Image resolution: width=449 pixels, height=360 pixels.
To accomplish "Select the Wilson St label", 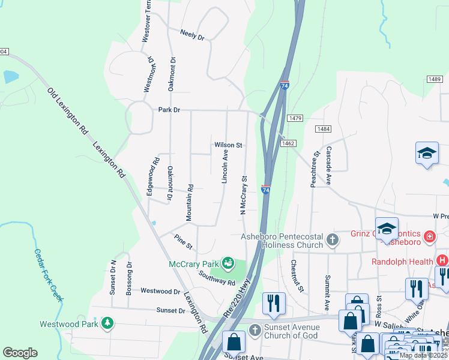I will (228, 145).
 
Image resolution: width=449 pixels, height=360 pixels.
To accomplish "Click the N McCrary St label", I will (244, 195).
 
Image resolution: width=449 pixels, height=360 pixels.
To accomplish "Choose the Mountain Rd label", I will (190, 202).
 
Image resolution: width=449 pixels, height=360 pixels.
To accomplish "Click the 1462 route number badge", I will (288, 143).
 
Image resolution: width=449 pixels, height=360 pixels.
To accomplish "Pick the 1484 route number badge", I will (323, 129).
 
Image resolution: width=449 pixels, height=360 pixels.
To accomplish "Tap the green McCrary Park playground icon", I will (228, 263).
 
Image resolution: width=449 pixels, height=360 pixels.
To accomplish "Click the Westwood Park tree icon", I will (107, 324).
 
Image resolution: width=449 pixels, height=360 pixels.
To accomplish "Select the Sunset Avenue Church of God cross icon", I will (256, 330).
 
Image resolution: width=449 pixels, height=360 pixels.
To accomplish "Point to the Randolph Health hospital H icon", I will (442, 261).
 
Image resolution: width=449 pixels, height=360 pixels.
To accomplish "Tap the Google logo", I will (20, 353).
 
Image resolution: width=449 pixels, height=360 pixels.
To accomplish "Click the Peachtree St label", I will (314, 170).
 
